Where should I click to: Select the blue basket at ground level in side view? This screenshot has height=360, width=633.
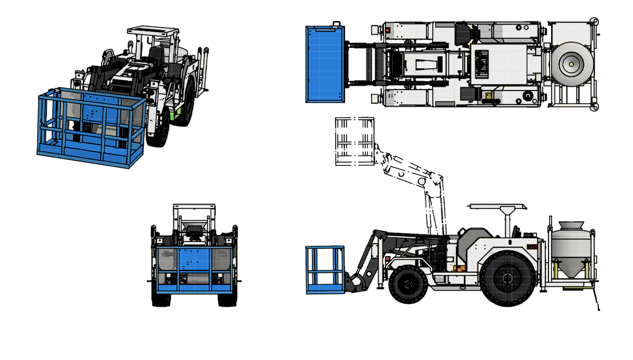coord(325,269)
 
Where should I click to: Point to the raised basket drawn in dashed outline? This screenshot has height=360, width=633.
coord(354,141)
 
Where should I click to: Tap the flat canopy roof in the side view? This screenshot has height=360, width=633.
coord(497,206)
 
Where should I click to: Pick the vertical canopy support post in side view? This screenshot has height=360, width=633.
coord(507,224)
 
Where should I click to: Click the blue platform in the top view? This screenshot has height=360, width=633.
coord(325,64)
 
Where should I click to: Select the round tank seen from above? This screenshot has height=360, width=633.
coord(571,64)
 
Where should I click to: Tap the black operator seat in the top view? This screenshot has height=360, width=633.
coord(463,34)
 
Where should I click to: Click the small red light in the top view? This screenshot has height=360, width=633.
coord(387,31)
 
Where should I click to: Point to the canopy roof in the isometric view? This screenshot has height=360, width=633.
coord(153,31)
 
